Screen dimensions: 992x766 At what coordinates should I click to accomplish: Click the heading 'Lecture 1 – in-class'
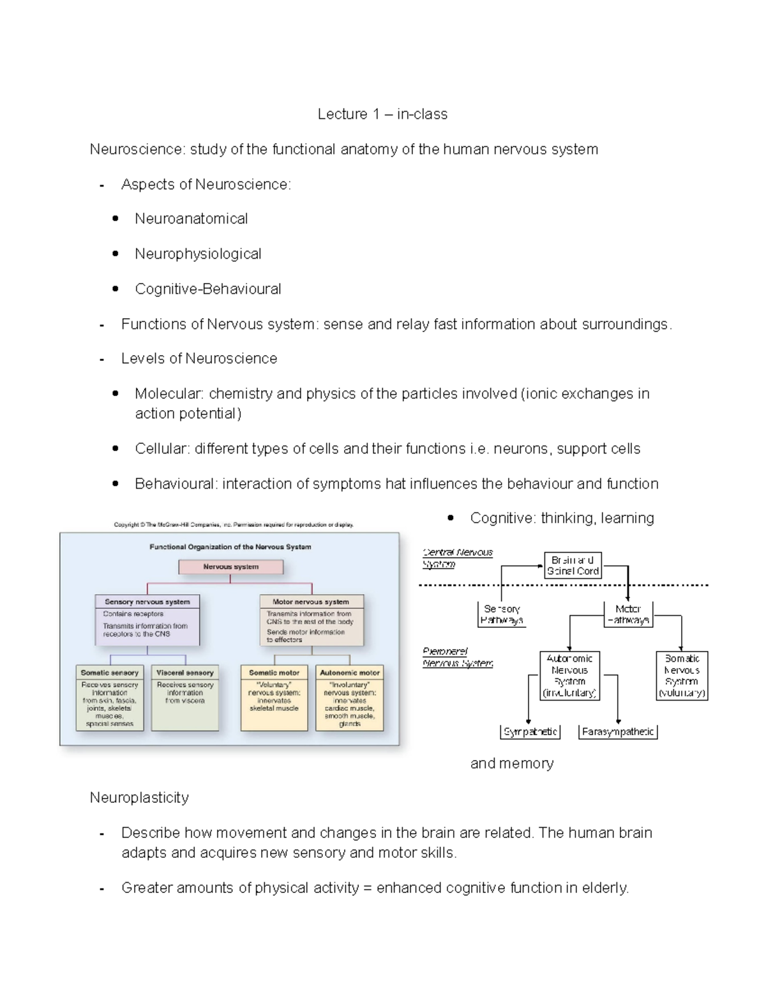click(382, 114)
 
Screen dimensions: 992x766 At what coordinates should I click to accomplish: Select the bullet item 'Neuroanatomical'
click(191, 219)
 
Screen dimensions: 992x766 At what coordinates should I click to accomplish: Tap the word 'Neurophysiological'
click(198, 254)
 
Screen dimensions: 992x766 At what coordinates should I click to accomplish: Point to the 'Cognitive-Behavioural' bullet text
click(207, 289)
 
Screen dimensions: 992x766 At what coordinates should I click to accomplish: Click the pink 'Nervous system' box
click(230, 567)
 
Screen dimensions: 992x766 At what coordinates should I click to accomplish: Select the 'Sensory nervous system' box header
click(147, 602)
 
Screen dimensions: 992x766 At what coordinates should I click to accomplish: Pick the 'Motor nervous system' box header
click(311, 602)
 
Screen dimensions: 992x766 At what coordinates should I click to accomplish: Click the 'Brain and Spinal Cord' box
click(573, 565)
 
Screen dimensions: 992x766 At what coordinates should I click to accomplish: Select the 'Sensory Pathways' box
click(502, 614)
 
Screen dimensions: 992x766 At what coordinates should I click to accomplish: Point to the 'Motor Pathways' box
click(628, 614)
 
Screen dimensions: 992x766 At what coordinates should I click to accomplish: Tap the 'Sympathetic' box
click(530, 732)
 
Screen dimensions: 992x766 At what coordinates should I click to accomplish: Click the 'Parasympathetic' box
click(617, 732)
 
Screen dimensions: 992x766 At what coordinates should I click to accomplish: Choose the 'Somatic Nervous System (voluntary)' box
click(682, 676)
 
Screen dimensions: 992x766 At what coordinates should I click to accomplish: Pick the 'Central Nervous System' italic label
click(457, 558)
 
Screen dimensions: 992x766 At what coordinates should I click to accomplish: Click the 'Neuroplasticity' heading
click(139, 798)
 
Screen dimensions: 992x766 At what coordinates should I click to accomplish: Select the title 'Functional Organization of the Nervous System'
click(230, 547)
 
